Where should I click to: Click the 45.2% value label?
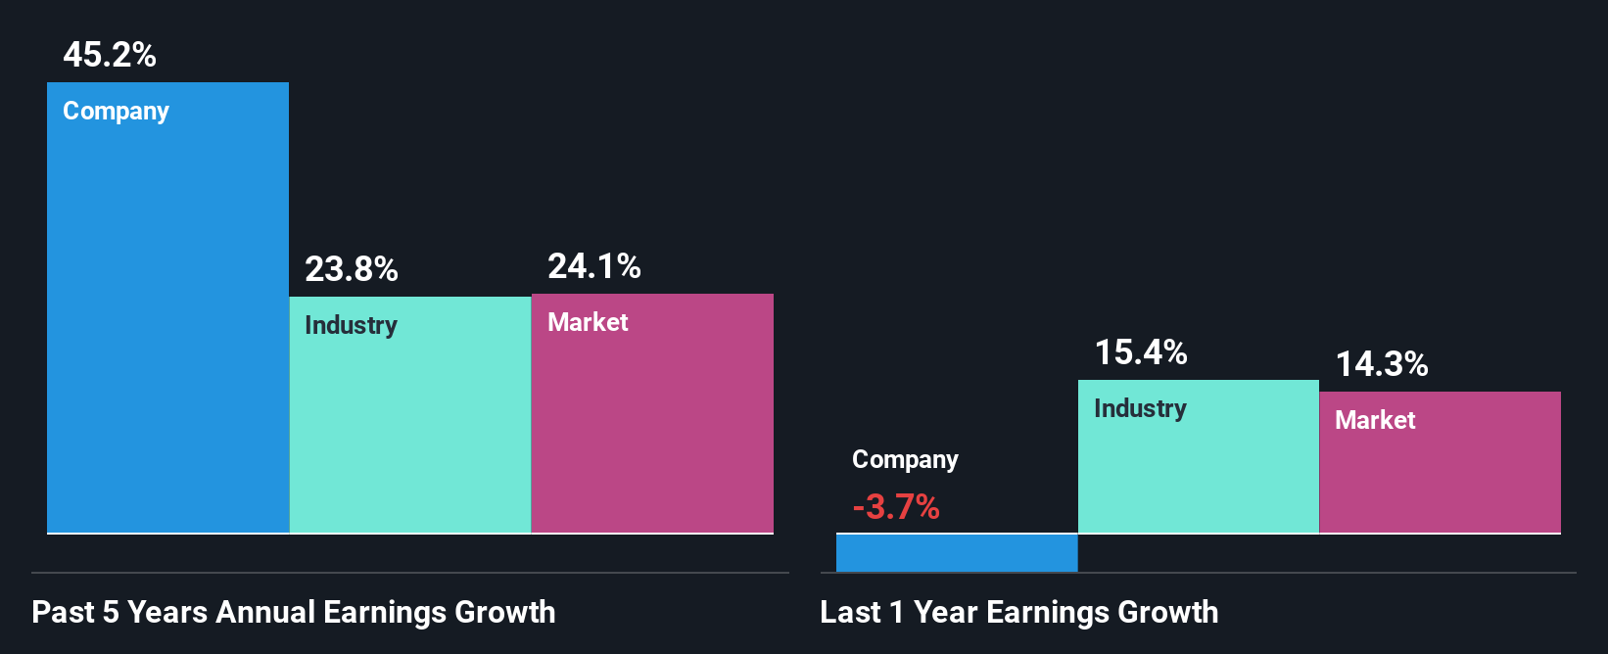pos(110,55)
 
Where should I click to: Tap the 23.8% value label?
pos(352,269)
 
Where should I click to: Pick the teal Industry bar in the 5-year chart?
pos(409,431)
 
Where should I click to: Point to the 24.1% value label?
pos(594,266)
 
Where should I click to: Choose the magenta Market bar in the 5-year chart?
pos(652,431)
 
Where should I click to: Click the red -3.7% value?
pos(896,507)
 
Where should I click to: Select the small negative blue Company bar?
pos(957,552)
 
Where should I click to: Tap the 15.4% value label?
pos(1141,352)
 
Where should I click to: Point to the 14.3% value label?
pos(1382,364)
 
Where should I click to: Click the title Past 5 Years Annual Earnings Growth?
pos(294,612)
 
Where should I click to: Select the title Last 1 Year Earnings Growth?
pos(1019,612)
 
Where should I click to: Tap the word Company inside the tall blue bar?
pos(116,112)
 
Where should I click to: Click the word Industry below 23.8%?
pos(351,325)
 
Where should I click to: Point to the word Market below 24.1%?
pos(588,322)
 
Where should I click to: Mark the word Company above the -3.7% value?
pos(905,459)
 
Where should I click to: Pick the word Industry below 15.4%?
pos(1140,408)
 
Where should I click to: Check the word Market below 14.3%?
pos(1375,420)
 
